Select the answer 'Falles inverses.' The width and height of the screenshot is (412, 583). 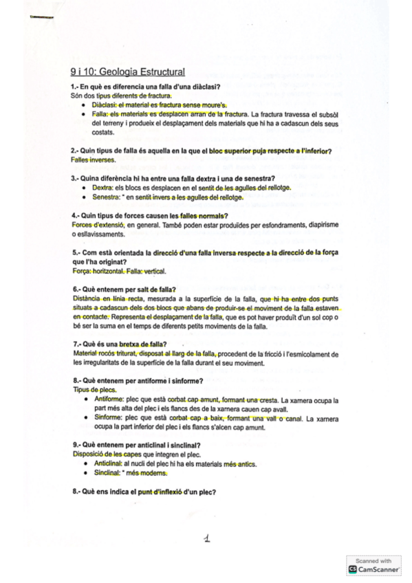(x=94, y=160)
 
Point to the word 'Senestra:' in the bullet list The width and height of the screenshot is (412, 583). (x=107, y=197)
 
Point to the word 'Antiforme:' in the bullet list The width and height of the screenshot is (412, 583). (x=109, y=399)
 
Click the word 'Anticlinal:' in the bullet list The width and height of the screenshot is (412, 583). (x=109, y=464)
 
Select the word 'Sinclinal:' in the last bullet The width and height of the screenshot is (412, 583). (x=107, y=473)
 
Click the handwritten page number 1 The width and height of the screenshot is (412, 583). (x=206, y=540)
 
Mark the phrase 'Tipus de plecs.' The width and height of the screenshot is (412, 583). (x=94, y=390)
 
